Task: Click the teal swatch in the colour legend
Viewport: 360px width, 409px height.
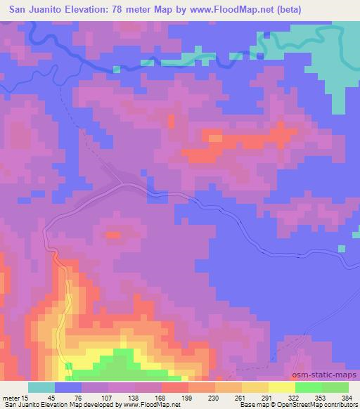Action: tap(41, 387)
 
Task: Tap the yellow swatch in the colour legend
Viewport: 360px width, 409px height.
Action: tap(282, 387)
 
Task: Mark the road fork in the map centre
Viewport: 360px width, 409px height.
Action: tap(122, 183)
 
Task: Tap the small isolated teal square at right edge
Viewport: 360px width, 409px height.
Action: tap(342, 249)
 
